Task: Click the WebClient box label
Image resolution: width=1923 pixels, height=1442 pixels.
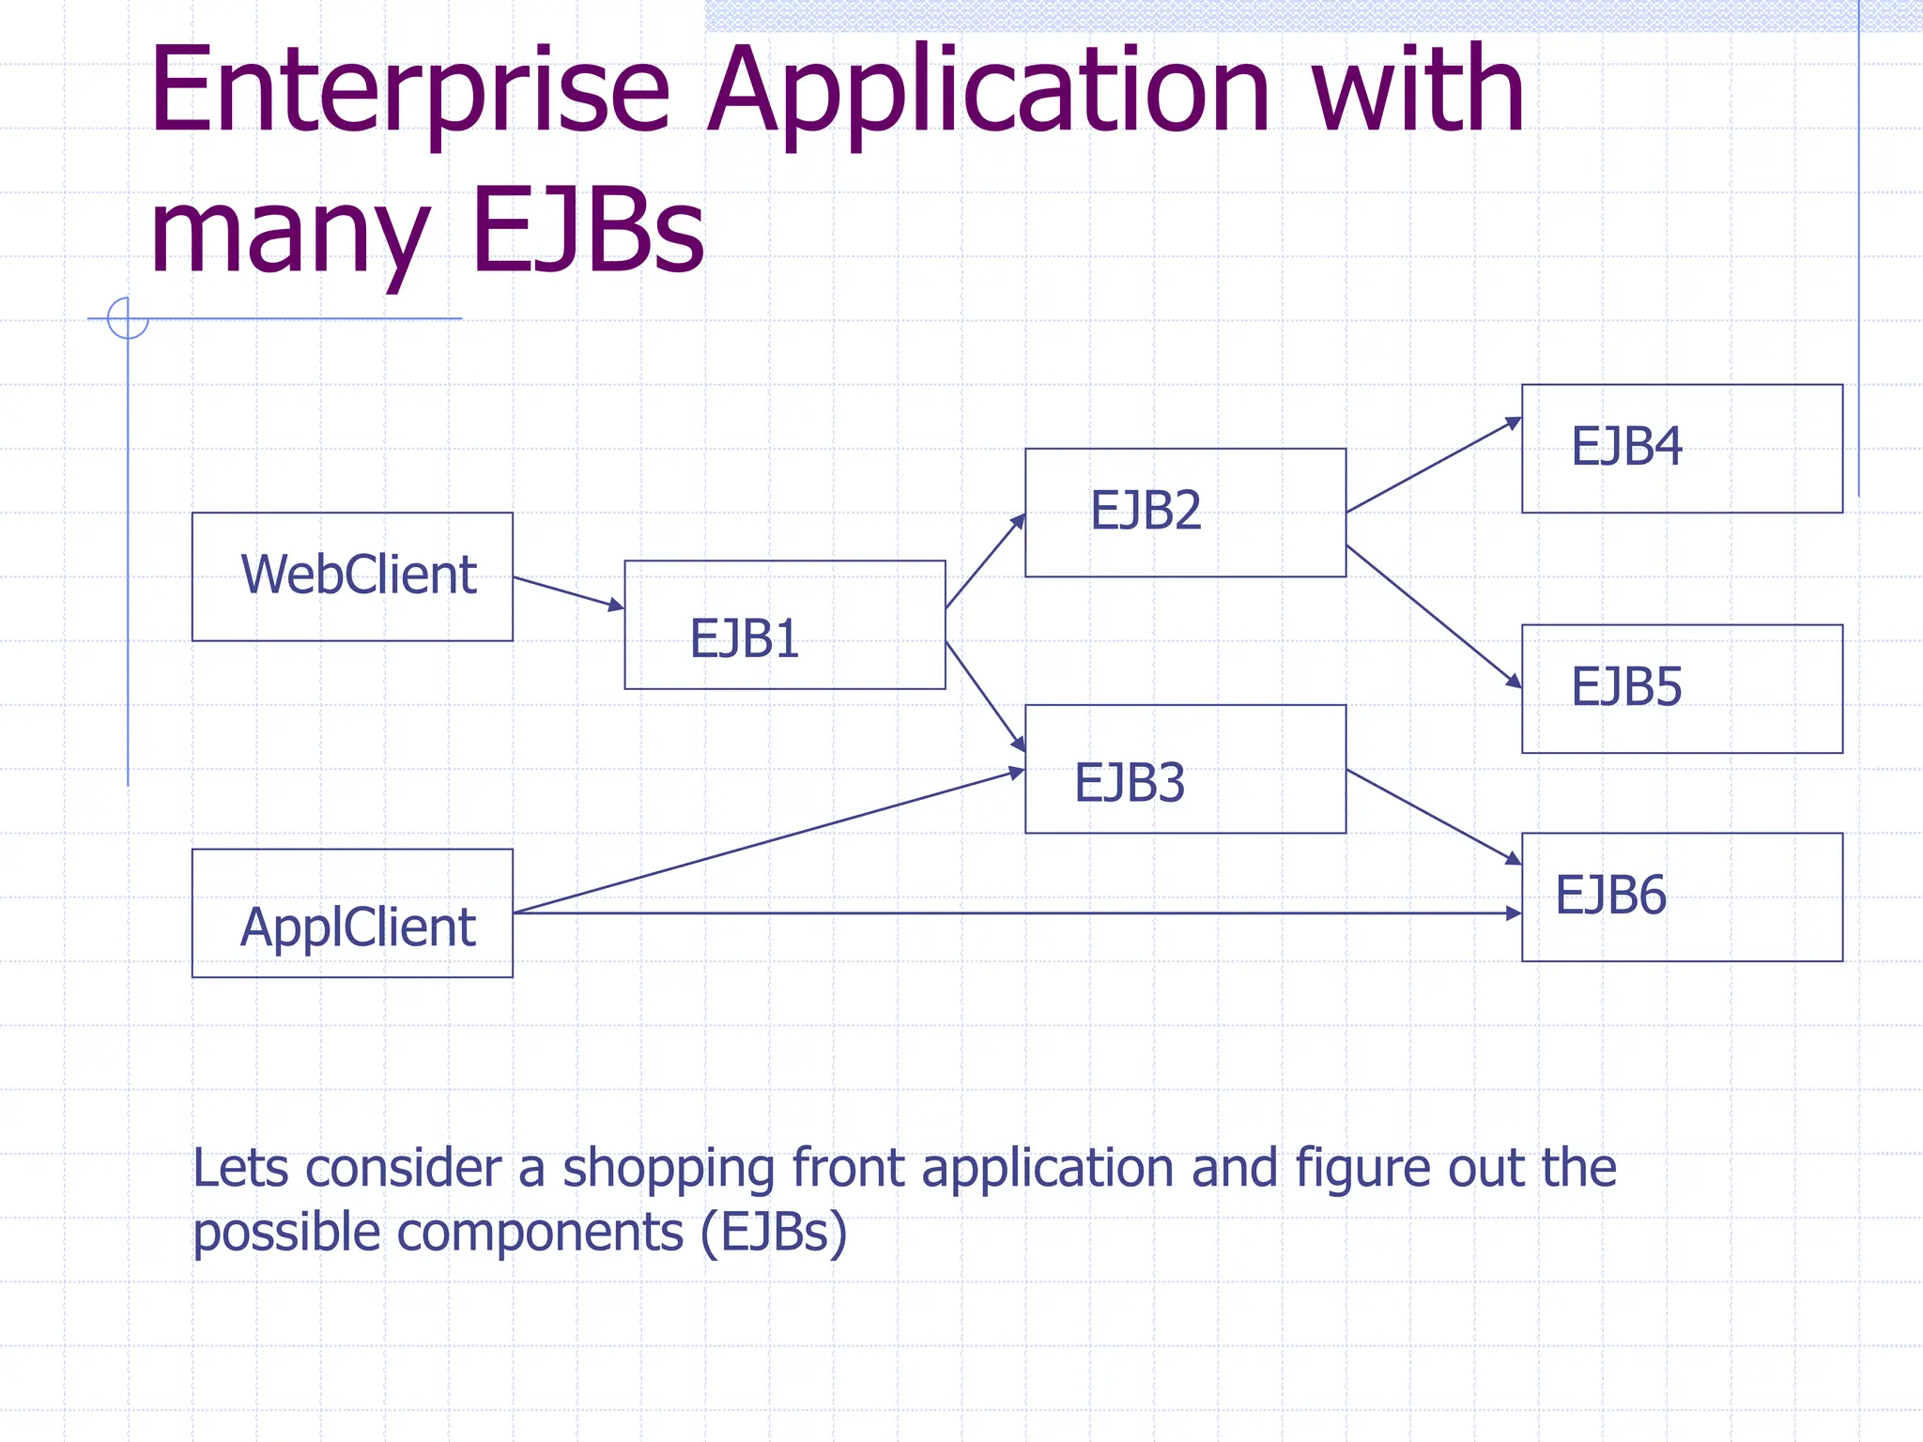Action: [x=359, y=575]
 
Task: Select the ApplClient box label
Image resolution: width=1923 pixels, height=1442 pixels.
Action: [x=358, y=928]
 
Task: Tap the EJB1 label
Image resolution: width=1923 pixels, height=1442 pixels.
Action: [x=744, y=639]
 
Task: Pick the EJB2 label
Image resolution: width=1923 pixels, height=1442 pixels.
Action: [x=1146, y=511]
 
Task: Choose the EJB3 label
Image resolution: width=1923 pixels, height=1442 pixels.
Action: [x=1130, y=783]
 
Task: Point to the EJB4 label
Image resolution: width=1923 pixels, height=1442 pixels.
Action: [x=1626, y=447]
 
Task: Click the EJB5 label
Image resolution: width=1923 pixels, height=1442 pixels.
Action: [x=1626, y=687]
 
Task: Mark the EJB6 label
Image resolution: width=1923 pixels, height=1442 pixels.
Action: [x=1610, y=896]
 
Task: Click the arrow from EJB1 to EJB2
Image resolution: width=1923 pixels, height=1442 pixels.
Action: [x=985, y=561]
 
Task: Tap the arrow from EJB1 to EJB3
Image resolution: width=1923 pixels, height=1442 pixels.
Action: [x=985, y=696]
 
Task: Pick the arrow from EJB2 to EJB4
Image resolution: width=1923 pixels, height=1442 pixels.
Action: [x=1433, y=466]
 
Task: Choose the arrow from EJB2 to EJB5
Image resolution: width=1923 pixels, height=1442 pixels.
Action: [x=1433, y=616]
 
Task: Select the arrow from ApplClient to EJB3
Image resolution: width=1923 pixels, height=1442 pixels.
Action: [x=770, y=840]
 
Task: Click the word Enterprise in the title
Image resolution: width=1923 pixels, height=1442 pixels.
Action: [x=409, y=92]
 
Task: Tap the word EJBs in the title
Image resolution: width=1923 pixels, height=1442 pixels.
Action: [x=588, y=231]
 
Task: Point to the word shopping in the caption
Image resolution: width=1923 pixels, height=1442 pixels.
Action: [x=669, y=1170]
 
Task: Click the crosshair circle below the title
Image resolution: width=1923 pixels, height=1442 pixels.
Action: [x=128, y=318]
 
